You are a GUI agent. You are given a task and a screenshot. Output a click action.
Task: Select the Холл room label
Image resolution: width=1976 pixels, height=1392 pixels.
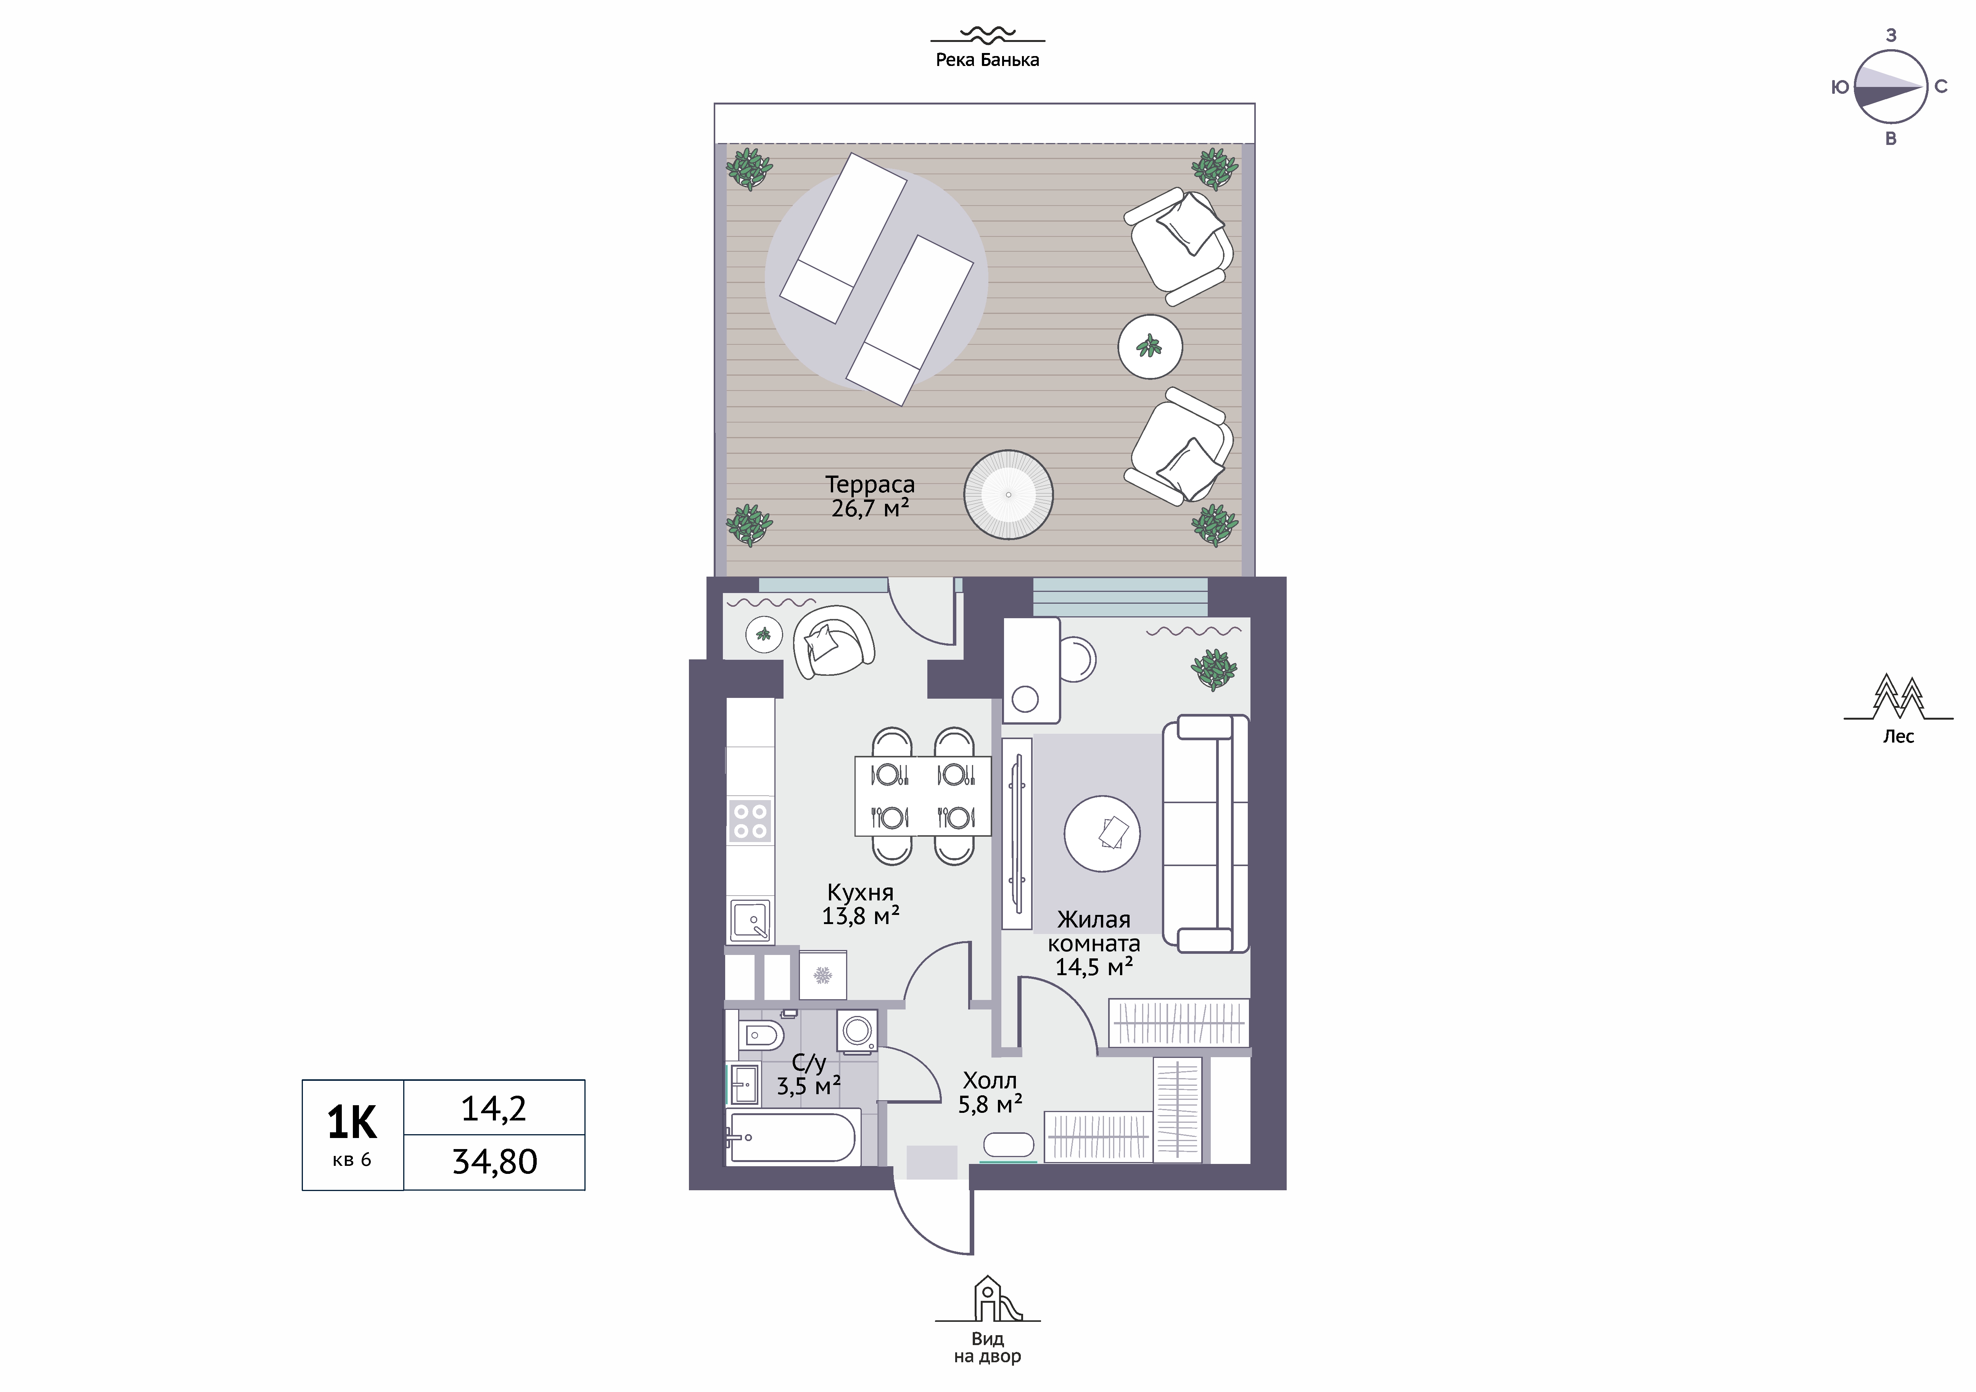[990, 1080]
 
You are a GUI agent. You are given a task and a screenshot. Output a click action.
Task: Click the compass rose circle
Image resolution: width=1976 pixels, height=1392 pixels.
[1890, 87]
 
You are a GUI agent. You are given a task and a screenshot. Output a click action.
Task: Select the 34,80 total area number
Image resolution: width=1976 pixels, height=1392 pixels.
[495, 1162]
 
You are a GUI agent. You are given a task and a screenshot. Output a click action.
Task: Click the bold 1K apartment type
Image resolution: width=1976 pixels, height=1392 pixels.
[352, 1123]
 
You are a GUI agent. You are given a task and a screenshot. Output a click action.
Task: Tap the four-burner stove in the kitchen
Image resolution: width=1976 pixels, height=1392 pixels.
[750, 820]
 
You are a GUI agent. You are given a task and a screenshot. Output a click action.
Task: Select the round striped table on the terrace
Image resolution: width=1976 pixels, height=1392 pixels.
[1009, 495]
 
